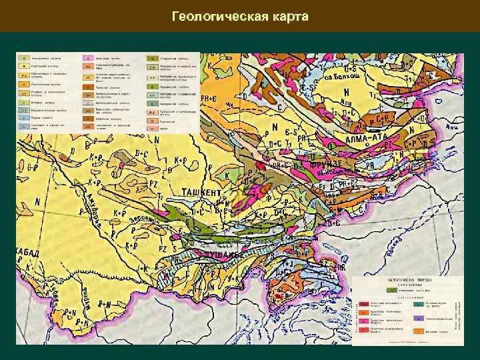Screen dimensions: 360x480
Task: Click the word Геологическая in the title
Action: tap(217, 16)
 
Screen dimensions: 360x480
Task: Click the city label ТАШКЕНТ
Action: tap(203, 192)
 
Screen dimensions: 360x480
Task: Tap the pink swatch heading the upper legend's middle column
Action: tap(87, 58)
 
